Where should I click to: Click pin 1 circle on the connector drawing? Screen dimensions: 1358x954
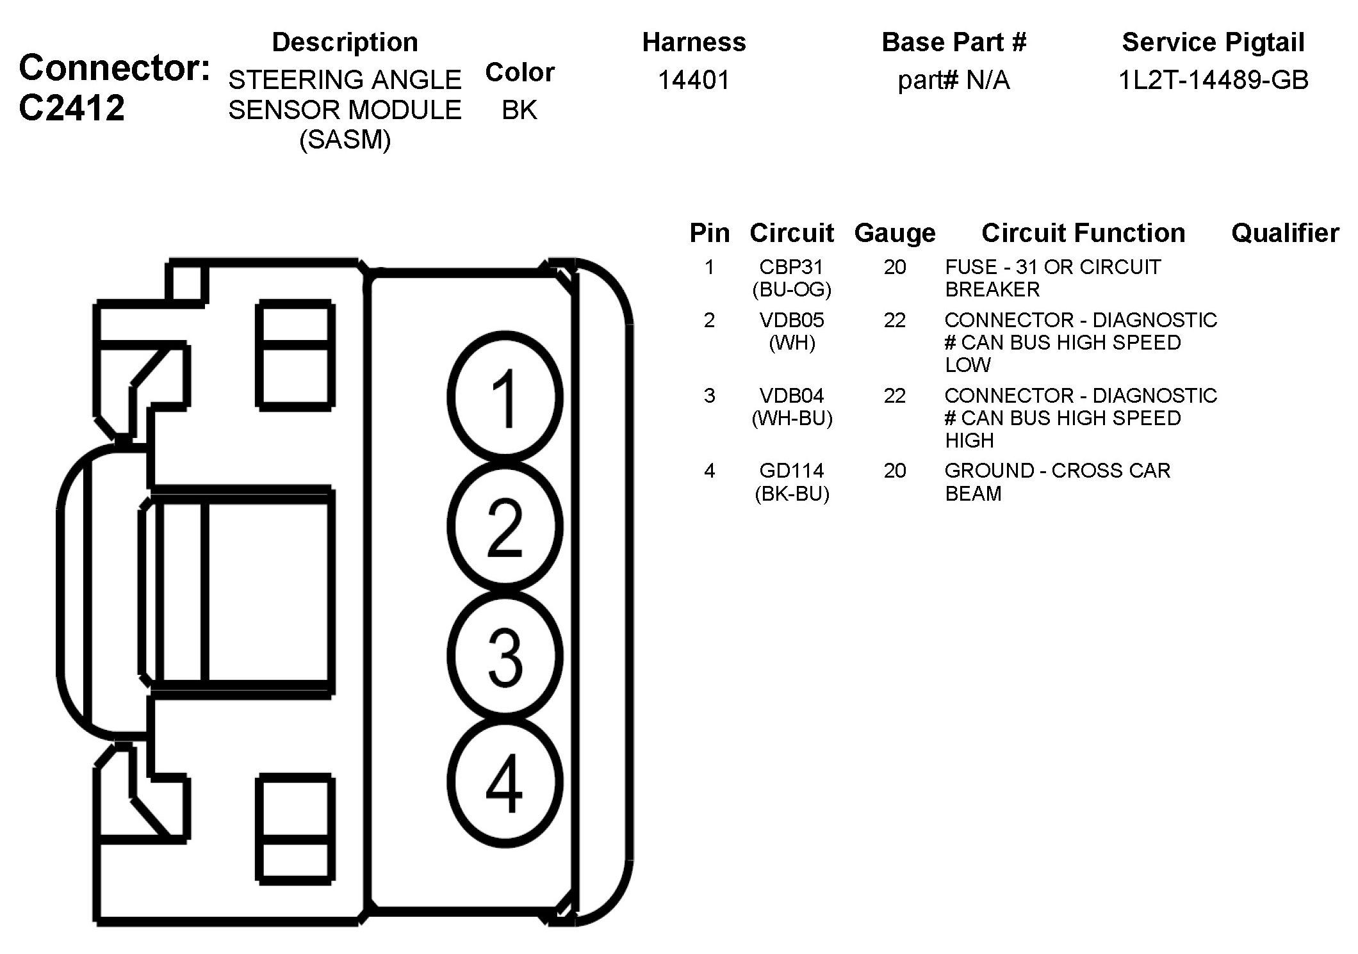click(x=505, y=398)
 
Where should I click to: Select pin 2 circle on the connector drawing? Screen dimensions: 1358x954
click(x=505, y=526)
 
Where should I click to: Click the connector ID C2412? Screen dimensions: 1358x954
click(x=72, y=108)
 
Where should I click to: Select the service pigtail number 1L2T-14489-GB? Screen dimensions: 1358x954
click(x=1213, y=80)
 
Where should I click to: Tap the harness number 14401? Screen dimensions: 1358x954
click(x=694, y=80)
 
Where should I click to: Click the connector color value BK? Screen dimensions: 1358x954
click(x=519, y=110)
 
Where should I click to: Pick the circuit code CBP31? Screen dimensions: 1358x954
click(x=791, y=267)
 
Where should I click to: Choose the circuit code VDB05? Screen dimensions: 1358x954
click(x=792, y=320)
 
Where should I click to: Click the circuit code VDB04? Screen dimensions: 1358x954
click(x=792, y=396)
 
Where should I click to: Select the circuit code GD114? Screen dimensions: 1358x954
click(x=792, y=471)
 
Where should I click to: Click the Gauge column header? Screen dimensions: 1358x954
click(x=894, y=233)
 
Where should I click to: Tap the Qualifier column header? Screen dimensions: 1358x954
click(x=1284, y=233)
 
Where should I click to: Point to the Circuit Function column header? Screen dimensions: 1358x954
click(x=1083, y=233)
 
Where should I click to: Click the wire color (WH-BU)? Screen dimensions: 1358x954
click(x=792, y=418)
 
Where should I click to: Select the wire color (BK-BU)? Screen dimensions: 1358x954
click(x=792, y=494)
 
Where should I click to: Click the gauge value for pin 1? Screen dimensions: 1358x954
click(x=894, y=267)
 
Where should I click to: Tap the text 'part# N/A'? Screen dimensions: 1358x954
click(x=953, y=81)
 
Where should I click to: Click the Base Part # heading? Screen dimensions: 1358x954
click(x=953, y=42)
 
